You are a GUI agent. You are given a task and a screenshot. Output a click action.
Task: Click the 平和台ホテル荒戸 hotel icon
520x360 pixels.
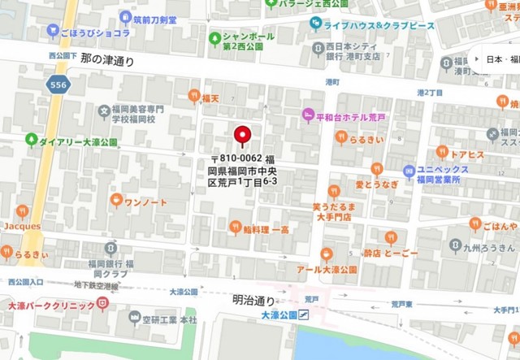[x=309, y=115]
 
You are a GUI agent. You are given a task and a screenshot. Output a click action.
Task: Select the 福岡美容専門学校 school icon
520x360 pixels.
[x=105, y=111]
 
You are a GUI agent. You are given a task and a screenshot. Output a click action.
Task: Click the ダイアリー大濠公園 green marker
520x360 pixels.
[x=32, y=141]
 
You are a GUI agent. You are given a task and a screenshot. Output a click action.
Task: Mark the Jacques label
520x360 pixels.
[x=22, y=225]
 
